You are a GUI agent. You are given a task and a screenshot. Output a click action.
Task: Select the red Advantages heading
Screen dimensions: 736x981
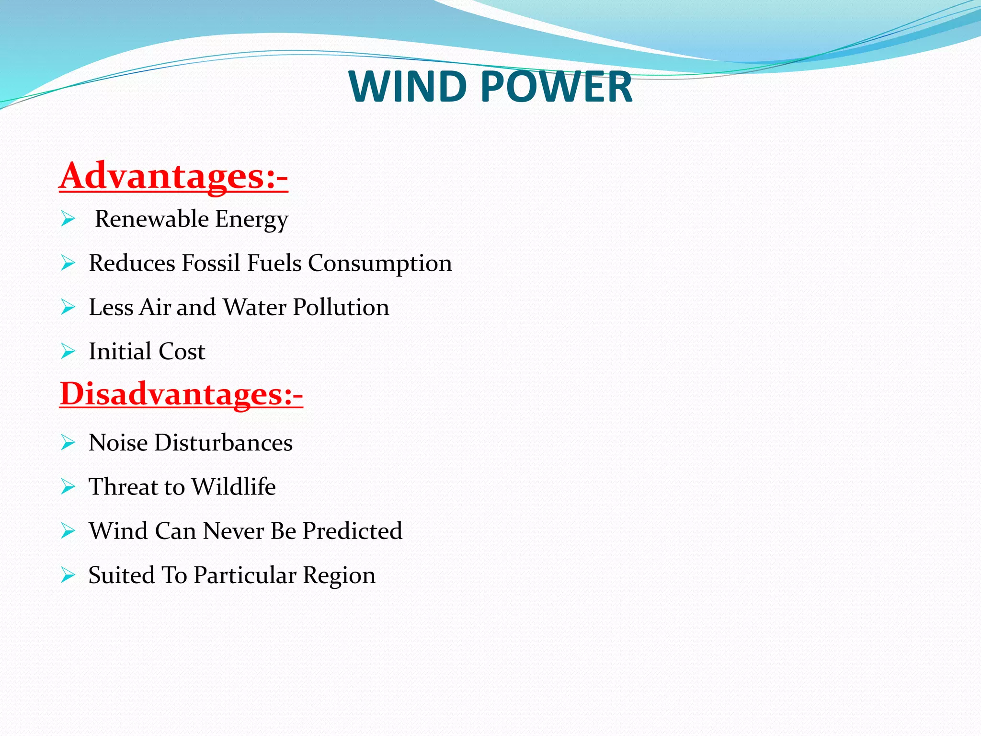click(x=173, y=176)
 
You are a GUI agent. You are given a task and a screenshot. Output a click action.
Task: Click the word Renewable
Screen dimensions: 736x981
click(x=152, y=219)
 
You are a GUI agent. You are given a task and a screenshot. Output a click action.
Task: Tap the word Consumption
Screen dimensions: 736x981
click(x=380, y=263)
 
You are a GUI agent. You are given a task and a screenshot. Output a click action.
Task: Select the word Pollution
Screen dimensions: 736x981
click(x=341, y=307)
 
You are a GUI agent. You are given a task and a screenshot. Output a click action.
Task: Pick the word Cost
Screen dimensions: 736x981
click(x=182, y=351)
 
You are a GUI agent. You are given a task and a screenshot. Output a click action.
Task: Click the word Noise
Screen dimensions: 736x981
click(x=118, y=442)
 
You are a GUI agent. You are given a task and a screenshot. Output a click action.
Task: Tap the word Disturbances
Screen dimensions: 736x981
click(x=223, y=442)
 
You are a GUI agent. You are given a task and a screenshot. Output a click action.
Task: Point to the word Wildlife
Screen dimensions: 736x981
click(x=233, y=486)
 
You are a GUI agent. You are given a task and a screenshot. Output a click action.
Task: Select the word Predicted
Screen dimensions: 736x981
click(x=352, y=531)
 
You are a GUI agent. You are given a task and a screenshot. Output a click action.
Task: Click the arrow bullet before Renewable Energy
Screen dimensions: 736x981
click(x=68, y=219)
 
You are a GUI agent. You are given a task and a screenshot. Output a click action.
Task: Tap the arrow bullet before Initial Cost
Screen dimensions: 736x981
click(x=68, y=352)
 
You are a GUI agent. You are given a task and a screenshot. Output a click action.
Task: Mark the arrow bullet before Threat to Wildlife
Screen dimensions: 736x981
click(x=68, y=487)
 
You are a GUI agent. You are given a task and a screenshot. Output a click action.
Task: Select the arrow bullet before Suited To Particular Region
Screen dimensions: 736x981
click(x=68, y=575)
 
